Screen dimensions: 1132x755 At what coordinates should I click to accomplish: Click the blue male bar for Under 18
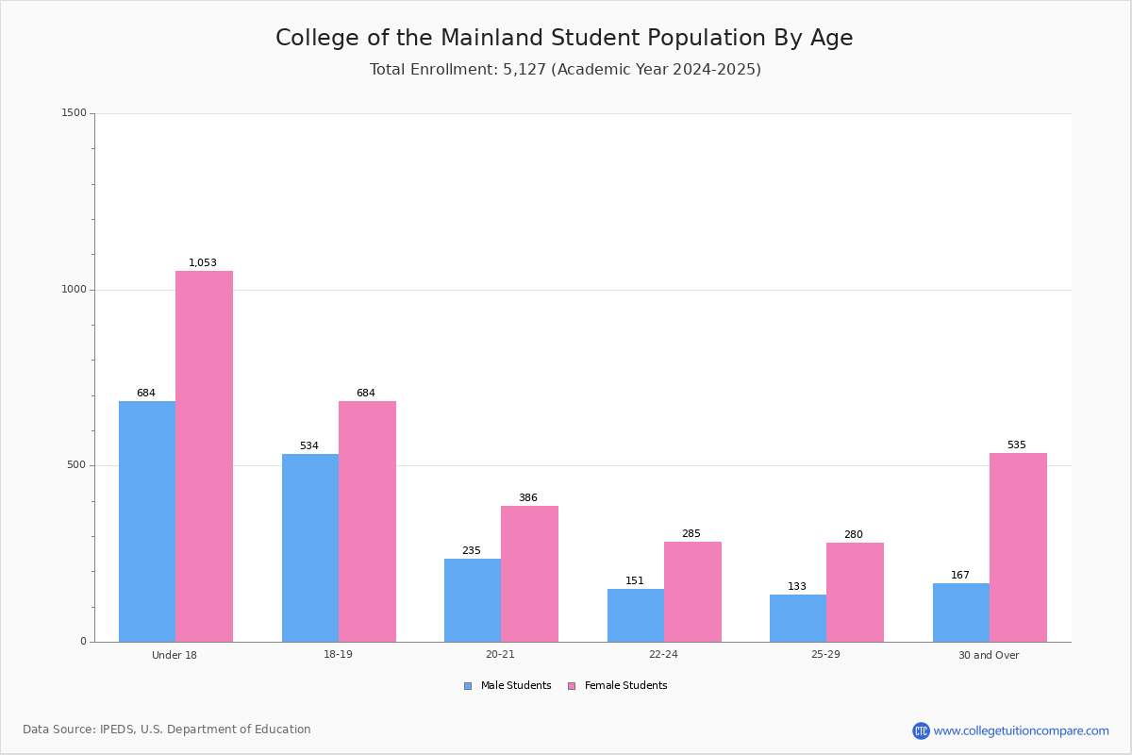pyautogui.click(x=147, y=521)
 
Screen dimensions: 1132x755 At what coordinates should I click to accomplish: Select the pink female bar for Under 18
pyautogui.click(x=204, y=457)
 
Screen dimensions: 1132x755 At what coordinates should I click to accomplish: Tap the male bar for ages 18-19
pyautogui.click(x=310, y=548)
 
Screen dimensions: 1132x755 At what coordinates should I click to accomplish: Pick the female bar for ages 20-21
pyautogui.click(x=529, y=574)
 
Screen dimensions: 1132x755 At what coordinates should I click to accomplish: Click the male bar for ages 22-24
pyautogui.click(x=636, y=615)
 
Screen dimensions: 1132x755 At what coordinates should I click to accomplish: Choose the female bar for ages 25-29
pyautogui.click(x=855, y=592)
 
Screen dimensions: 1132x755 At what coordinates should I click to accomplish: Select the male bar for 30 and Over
pyautogui.click(x=961, y=612)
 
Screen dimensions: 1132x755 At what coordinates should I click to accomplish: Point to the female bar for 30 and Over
pyautogui.click(x=1018, y=547)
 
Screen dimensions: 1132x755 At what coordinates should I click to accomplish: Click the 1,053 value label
pyautogui.click(x=203, y=262)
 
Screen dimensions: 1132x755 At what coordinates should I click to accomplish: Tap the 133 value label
pyautogui.click(x=797, y=586)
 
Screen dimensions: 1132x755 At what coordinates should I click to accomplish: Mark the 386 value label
pyautogui.click(x=528, y=497)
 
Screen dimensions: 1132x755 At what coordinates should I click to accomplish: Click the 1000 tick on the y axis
pyautogui.click(x=75, y=289)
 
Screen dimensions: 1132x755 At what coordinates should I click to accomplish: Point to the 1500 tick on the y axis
pyautogui.click(x=75, y=112)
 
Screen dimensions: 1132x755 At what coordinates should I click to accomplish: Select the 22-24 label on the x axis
pyautogui.click(x=663, y=654)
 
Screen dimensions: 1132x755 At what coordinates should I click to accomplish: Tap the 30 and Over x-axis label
pyautogui.click(x=989, y=655)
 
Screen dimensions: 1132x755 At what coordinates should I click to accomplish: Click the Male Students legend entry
pyautogui.click(x=508, y=685)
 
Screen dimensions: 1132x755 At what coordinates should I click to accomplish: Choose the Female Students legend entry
pyautogui.click(x=618, y=685)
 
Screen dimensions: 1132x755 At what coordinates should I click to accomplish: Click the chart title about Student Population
pyautogui.click(x=564, y=38)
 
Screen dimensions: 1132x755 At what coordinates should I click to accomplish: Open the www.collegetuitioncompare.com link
pyautogui.click(x=1022, y=730)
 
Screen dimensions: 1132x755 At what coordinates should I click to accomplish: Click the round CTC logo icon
pyautogui.click(x=921, y=730)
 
